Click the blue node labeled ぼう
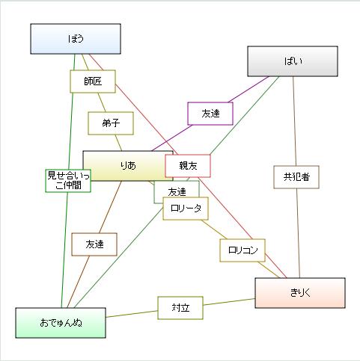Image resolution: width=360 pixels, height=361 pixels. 76,39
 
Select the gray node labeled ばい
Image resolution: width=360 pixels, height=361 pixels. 293,61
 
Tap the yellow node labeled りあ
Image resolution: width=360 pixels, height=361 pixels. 128,166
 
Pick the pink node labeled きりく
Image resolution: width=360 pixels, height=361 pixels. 300,293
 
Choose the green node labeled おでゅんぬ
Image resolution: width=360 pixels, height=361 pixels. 61,323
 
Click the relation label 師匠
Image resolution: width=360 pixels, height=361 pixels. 93,81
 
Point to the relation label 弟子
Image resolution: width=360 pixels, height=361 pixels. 111,123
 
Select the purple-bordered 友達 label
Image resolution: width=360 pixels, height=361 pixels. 210,114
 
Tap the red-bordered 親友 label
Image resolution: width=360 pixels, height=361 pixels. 188,166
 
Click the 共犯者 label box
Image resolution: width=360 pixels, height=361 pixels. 296,177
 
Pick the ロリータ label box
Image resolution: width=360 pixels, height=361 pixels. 186,209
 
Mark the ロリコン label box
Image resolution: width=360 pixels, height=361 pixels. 242,250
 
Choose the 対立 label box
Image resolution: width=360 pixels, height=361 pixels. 180,308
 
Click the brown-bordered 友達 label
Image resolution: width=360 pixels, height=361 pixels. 94,244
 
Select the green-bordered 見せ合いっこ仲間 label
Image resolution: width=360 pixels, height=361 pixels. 68,181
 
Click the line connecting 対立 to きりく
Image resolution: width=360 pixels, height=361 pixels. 229,302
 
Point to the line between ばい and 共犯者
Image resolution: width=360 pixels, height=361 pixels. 294,121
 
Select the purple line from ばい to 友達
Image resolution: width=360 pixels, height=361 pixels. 248,90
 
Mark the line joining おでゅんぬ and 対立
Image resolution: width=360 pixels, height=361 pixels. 132,314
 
